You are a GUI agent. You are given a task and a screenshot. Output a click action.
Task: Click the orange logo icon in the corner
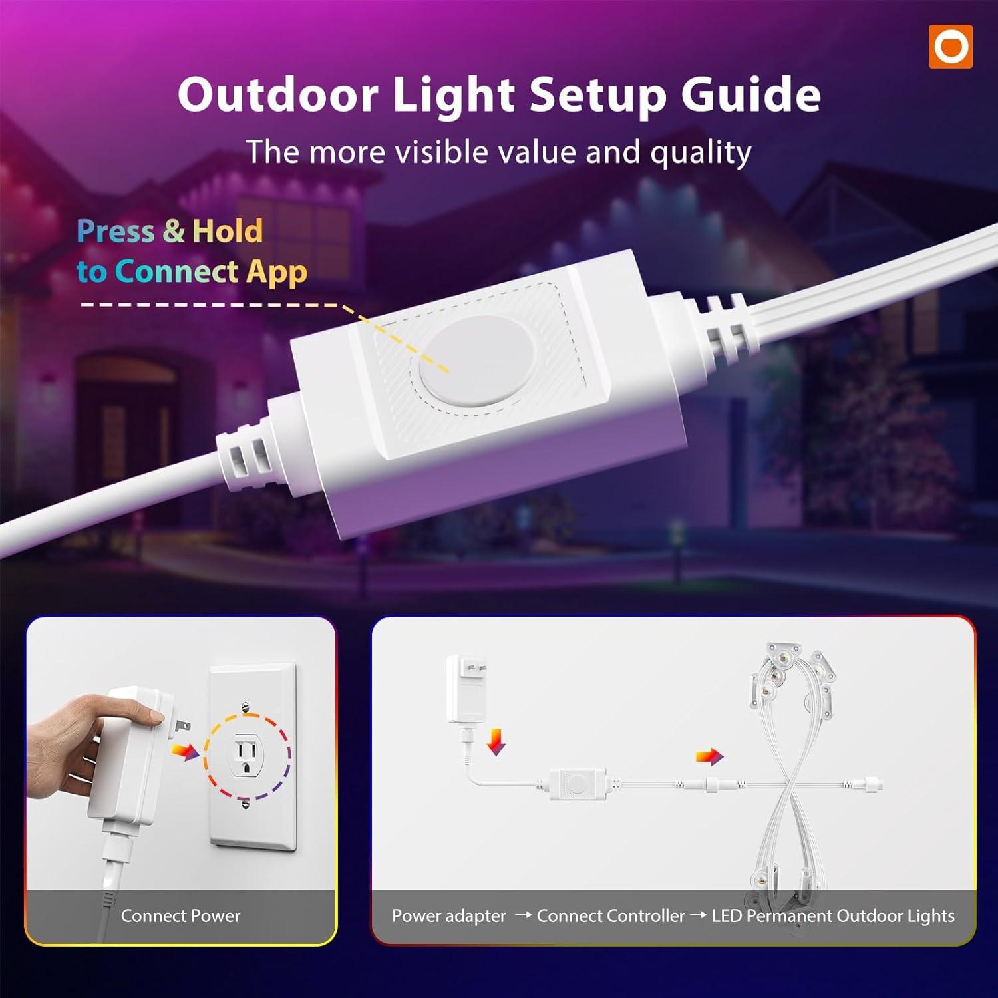(x=951, y=47)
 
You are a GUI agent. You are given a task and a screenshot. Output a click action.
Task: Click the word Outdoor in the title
(x=278, y=94)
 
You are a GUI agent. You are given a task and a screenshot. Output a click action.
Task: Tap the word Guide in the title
(x=750, y=94)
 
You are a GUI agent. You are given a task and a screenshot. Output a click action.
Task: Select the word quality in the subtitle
(x=701, y=154)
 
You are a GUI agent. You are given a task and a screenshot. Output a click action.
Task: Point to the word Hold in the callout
(x=228, y=231)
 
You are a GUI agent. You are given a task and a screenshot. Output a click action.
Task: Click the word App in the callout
(x=277, y=273)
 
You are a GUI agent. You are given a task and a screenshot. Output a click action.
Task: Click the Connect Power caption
(x=180, y=916)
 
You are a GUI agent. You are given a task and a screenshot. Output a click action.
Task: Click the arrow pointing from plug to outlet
(x=185, y=751)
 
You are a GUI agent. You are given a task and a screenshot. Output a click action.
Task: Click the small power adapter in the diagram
(x=466, y=690)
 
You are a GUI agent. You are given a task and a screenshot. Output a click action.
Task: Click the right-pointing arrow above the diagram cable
(x=709, y=756)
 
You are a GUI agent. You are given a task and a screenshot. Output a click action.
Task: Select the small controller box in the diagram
(x=578, y=783)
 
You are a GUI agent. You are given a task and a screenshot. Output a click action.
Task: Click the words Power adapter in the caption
(x=449, y=916)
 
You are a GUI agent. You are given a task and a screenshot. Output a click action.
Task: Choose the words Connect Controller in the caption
(x=611, y=916)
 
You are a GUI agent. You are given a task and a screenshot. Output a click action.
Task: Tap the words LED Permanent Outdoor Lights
(x=833, y=916)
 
